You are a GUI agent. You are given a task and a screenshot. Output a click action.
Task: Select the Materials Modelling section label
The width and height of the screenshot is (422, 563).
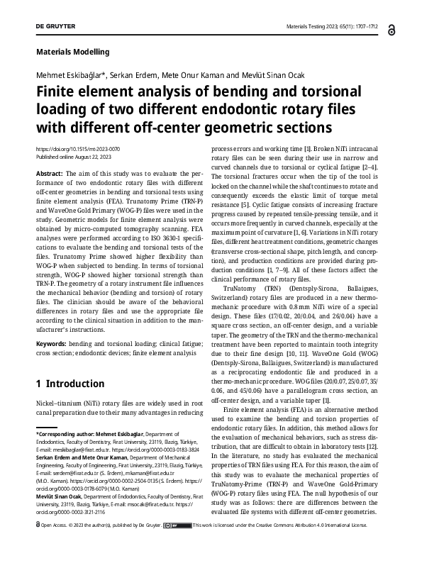click(72, 52)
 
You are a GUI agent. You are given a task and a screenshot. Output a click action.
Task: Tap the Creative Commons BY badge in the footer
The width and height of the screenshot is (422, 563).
click(174, 546)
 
